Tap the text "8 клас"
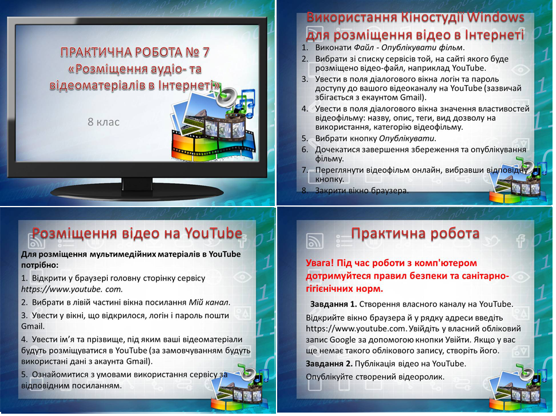(x=104, y=121)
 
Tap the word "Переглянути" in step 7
(x=342, y=170)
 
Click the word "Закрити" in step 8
(x=332, y=191)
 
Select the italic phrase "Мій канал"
(x=210, y=302)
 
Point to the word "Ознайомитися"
(x=60, y=374)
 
